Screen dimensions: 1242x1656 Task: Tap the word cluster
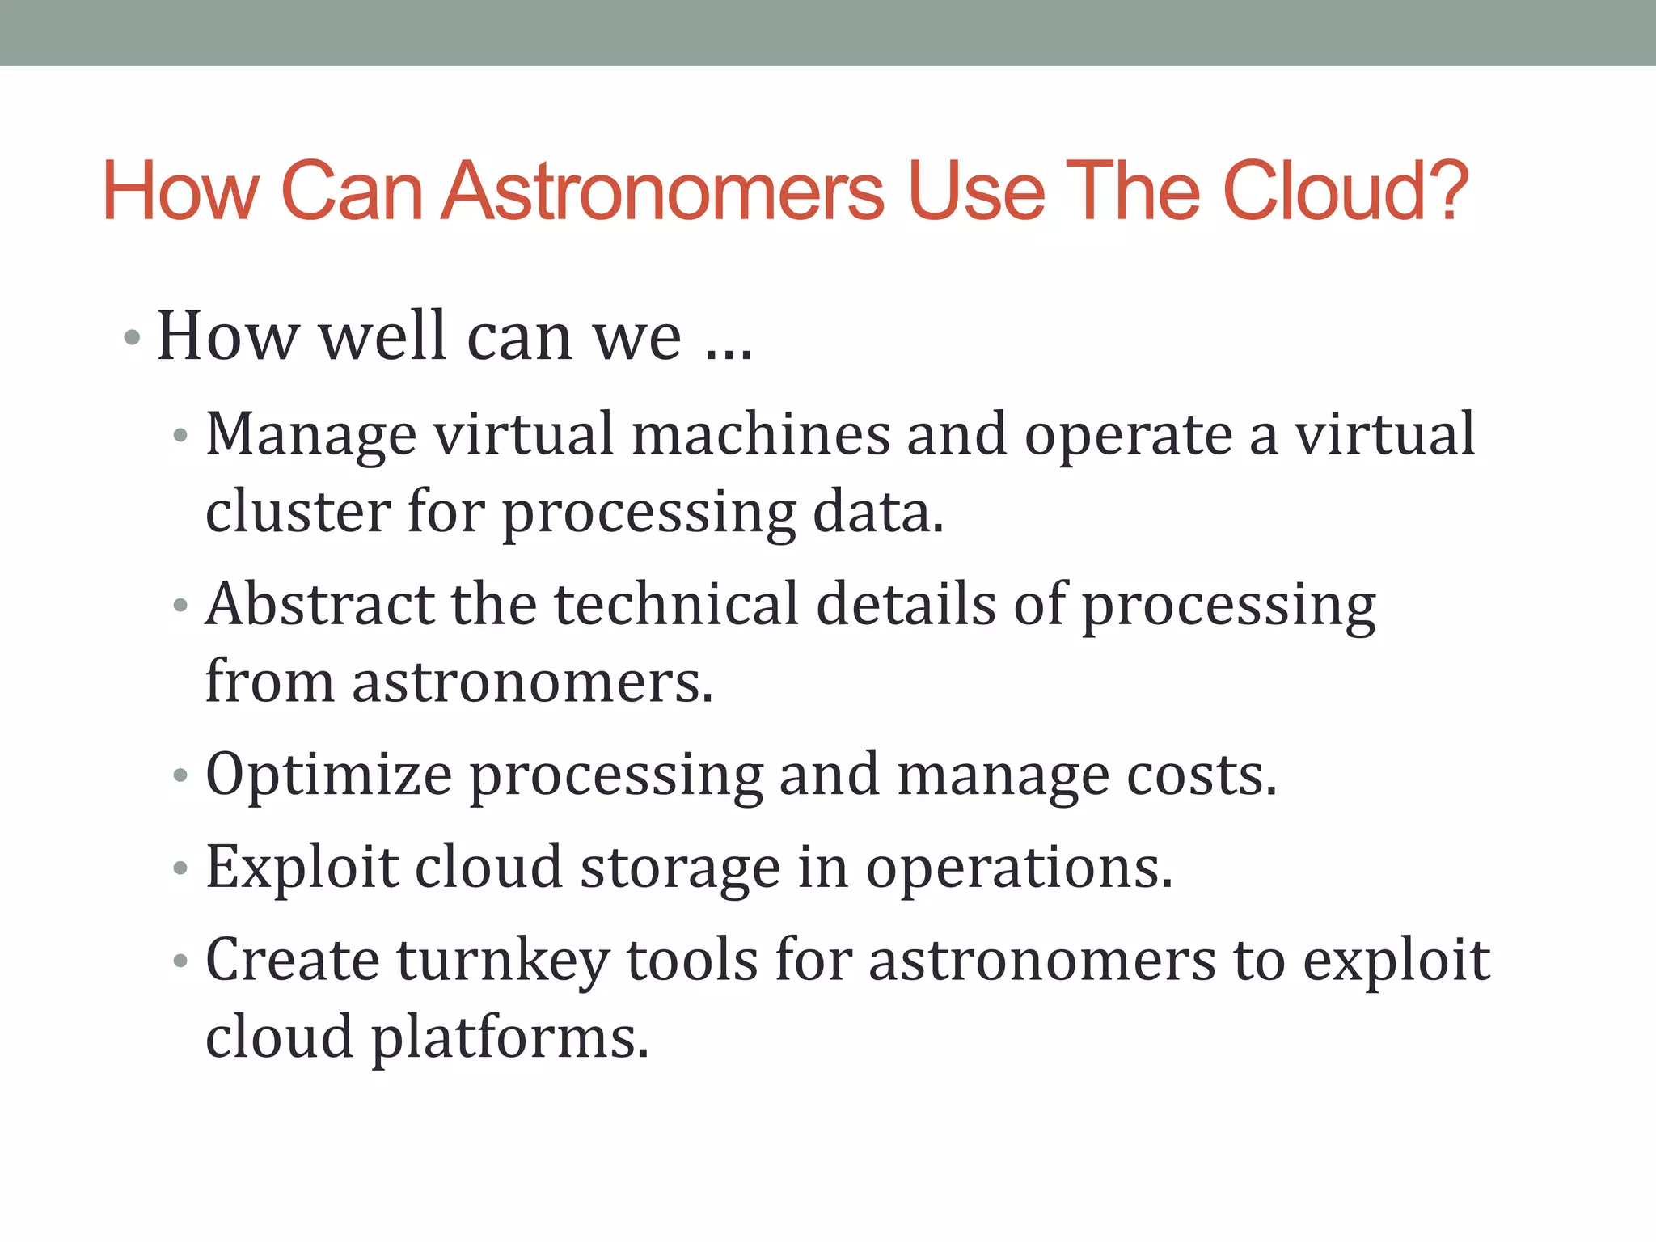(298, 511)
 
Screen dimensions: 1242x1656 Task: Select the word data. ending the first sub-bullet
(877, 511)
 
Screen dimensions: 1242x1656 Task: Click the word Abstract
(319, 604)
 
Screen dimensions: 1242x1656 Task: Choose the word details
(906, 604)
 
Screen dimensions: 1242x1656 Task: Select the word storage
(680, 868)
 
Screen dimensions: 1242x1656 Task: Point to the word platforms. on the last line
(509, 1038)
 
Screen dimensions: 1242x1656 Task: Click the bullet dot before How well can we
(132, 337)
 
